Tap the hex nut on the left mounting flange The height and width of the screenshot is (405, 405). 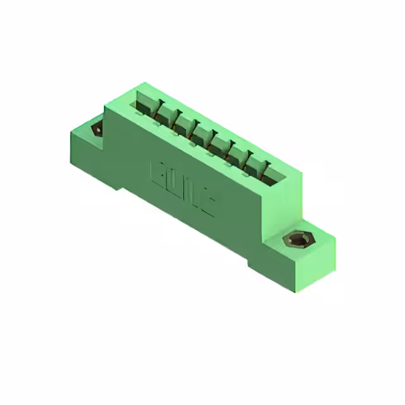coord(97,128)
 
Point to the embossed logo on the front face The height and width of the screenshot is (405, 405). coord(183,187)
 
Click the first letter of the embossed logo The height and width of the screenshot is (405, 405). coord(158,172)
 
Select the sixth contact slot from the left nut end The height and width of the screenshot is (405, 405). coord(234,153)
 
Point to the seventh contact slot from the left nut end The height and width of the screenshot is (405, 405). coord(251,162)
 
